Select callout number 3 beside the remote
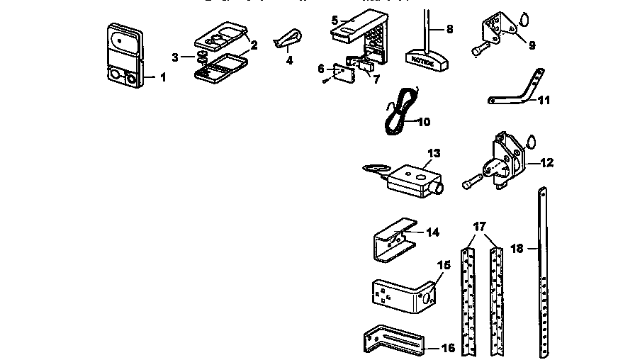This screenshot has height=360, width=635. pyautogui.click(x=175, y=56)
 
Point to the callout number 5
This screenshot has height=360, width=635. pyautogui.click(x=335, y=20)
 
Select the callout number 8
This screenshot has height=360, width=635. pyautogui.click(x=449, y=29)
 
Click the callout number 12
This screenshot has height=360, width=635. pyautogui.click(x=547, y=162)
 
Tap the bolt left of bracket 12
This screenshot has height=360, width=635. pyautogui.click(x=474, y=182)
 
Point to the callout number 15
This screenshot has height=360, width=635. pyautogui.click(x=443, y=265)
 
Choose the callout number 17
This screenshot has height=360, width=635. pyautogui.click(x=480, y=227)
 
